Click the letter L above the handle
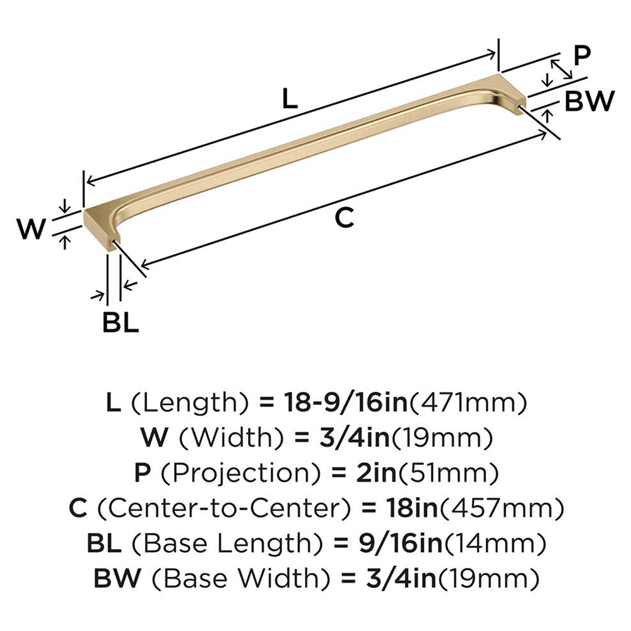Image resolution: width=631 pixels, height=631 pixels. [x=288, y=99]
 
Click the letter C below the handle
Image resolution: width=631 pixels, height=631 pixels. [x=342, y=218]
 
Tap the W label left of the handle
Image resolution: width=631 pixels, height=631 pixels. [x=31, y=228]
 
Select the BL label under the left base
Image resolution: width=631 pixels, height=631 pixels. [x=120, y=324]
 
